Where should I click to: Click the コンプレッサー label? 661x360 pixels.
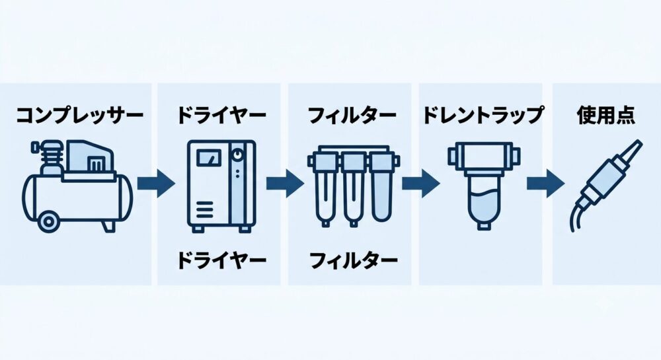80,115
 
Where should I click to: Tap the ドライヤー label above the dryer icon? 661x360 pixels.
221,115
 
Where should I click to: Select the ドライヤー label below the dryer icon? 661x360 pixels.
221,260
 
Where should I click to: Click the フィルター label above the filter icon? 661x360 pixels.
352,115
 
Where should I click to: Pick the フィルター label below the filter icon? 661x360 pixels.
353,260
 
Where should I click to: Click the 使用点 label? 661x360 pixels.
605,115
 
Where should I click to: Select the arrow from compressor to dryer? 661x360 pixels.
157,183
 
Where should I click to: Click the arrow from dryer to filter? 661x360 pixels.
285,183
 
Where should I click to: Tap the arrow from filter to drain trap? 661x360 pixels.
420,183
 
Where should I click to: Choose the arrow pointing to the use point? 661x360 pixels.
545,183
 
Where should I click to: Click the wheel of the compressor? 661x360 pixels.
48,221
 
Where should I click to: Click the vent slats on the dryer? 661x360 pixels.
204,209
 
